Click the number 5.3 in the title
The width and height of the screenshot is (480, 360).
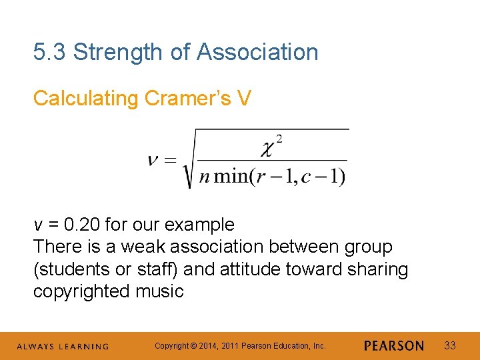[x=50, y=52]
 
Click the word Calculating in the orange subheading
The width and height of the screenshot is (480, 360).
[x=85, y=99]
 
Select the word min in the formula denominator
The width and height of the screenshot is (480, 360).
[x=231, y=177]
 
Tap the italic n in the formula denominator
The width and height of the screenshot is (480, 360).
[x=205, y=177]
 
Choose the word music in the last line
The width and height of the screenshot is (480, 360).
[x=161, y=291]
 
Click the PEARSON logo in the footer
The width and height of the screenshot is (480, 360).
[x=394, y=345]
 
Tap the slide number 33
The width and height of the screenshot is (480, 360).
[x=450, y=345]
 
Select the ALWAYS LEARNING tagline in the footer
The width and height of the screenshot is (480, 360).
[x=63, y=346]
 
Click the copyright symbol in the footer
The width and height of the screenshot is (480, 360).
[x=193, y=345]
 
